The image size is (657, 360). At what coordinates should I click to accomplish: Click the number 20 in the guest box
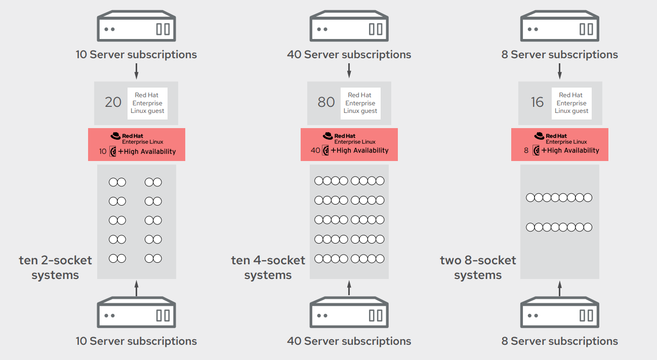(113, 102)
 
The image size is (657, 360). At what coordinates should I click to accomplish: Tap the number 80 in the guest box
(326, 102)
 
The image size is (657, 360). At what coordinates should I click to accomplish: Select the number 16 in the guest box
(537, 102)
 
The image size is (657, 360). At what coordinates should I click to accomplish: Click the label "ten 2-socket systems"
(56, 268)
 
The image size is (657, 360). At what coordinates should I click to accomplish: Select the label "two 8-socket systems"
(478, 268)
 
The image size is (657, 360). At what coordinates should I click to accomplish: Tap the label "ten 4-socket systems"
(268, 268)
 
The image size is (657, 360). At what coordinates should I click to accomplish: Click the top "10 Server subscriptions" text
(136, 55)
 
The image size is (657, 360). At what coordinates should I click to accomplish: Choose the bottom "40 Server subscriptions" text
(349, 341)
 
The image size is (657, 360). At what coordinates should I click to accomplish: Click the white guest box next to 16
(571, 103)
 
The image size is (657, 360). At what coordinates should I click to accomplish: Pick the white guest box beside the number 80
(360, 103)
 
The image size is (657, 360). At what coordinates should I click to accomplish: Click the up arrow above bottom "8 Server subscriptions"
(559, 288)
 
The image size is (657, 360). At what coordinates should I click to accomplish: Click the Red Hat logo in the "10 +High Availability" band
(116, 136)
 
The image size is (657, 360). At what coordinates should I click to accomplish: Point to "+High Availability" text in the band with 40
(359, 150)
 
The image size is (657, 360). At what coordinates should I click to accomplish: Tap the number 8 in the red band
(526, 151)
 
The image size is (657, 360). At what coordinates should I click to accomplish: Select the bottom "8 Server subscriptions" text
(559, 341)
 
